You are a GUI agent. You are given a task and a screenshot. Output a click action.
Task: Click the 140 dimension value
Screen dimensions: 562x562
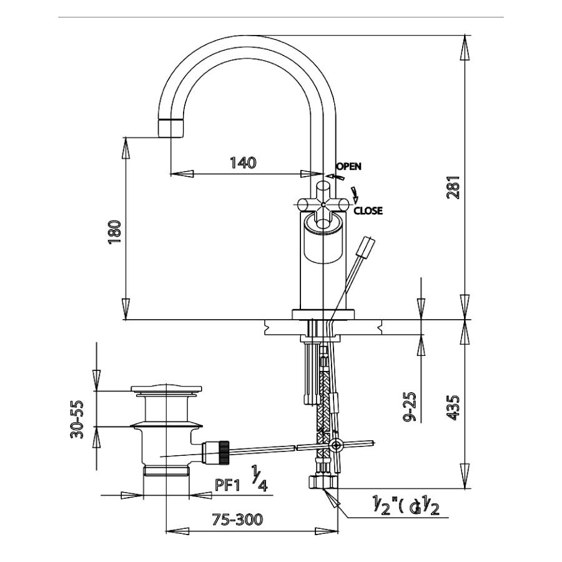[243, 164]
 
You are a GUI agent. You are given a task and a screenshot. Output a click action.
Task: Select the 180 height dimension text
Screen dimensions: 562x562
[114, 232]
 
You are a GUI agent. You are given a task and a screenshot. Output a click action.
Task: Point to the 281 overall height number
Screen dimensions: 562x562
[454, 187]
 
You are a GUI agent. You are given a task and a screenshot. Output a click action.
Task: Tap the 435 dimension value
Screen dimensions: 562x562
[454, 407]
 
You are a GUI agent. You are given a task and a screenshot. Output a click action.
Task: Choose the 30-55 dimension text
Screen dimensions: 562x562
[77, 419]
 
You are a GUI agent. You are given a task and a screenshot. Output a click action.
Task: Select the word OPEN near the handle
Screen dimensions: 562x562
[348, 167]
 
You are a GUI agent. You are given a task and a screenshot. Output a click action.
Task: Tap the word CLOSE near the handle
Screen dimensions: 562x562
[368, 211]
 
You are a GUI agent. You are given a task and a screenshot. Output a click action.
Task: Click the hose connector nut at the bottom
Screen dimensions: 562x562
[323, 481]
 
